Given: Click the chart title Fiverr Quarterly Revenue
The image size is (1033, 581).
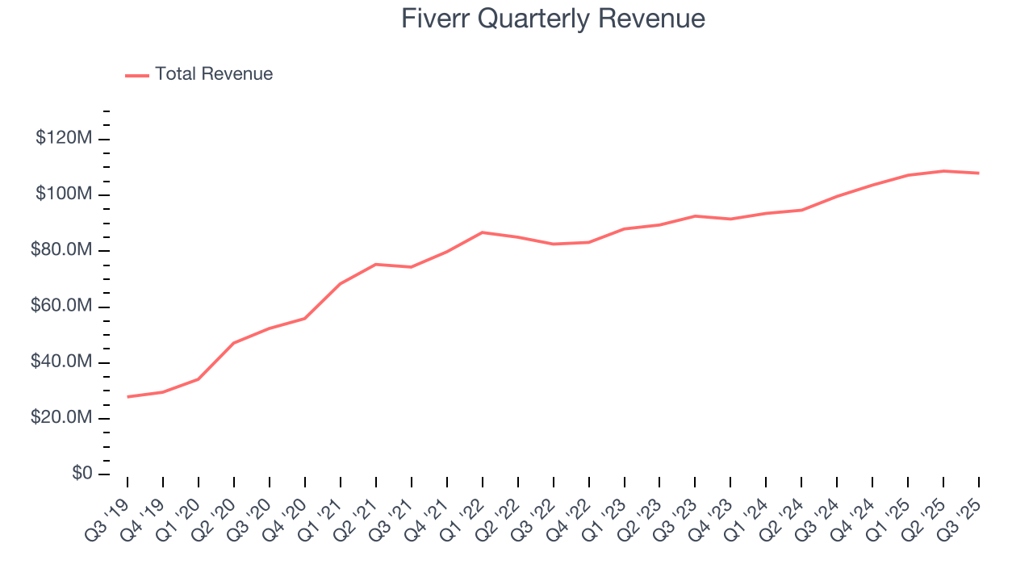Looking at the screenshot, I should point(553,19).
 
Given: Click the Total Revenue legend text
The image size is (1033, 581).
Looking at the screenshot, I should point(214,74).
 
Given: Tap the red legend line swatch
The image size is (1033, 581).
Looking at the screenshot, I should point(137,75).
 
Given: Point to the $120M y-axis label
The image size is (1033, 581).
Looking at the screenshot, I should point(64,139).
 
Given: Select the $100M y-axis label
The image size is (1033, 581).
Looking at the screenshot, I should point(64,194).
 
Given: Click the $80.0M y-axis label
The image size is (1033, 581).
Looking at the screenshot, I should point(61,250).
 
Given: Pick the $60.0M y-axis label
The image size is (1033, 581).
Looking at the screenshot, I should point(61,307).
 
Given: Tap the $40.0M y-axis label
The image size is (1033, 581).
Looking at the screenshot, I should point(61,362).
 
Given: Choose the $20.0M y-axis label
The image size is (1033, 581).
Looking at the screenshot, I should point(61,418).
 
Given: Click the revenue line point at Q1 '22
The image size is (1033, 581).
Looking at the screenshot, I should point(483,232).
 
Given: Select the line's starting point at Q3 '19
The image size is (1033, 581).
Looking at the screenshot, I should point(128,397).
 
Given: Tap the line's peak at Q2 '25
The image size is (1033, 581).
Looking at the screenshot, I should point(943,171).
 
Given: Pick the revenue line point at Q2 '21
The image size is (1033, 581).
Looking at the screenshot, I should point(376,264).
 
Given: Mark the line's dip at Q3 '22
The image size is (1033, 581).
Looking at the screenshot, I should point(554,244).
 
